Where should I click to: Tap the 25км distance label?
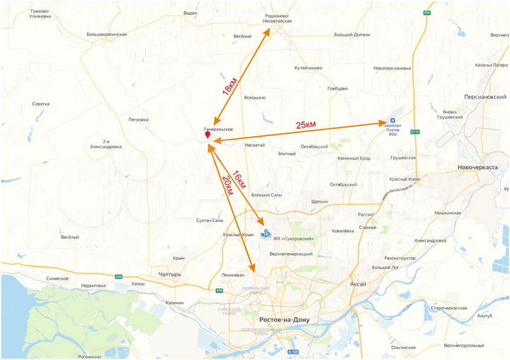(305, 125)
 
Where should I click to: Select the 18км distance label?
(230, 87)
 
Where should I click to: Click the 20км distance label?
(227, 186)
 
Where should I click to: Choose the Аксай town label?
(358, 283)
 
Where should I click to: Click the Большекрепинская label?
(106, 34)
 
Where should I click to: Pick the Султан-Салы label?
(210, 221)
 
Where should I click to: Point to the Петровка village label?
(138, 120)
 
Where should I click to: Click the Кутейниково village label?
(308, 68)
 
